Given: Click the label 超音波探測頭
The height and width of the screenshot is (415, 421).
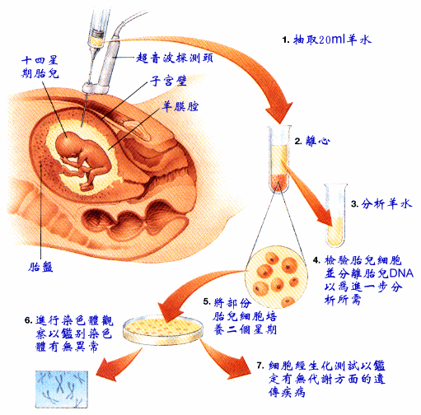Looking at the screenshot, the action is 175,58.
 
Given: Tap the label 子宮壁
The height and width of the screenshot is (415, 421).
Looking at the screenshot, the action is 168,81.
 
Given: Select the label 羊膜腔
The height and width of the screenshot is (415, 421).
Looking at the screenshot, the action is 180,106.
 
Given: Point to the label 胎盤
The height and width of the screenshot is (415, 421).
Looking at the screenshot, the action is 40,267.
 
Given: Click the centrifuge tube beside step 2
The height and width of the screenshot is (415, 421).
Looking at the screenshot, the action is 279,159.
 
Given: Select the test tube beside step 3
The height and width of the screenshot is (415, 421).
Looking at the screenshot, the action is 335,216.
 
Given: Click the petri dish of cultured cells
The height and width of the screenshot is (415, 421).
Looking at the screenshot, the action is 163,329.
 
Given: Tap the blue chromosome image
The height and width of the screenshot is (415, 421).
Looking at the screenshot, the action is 62,389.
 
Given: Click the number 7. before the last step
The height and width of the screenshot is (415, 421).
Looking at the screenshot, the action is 260,366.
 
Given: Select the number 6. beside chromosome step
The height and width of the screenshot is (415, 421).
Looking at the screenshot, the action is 29,320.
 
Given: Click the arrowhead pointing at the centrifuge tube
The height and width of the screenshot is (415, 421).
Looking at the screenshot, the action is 278,113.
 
